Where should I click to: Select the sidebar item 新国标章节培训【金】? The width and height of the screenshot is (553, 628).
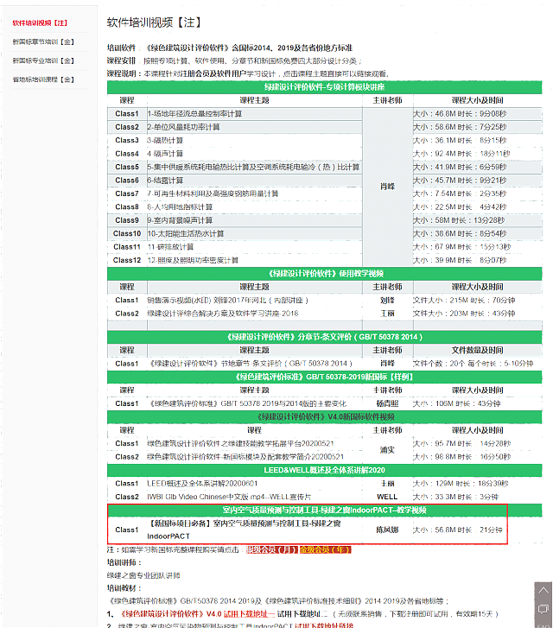pos(43,41)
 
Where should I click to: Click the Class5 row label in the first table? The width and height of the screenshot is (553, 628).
pos(127,167)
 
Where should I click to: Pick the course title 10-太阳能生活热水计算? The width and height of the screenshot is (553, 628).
pos(186,233)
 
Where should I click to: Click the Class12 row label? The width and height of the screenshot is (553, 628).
pos(127,260)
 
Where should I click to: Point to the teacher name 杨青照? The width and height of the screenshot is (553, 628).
pos(387,403)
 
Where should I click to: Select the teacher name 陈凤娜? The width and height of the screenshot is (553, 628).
pos(387,530)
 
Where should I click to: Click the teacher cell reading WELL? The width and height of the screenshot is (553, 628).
pos(387,497)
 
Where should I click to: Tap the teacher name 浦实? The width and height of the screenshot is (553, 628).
pos(387,449)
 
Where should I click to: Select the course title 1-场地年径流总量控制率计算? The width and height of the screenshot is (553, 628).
pos(194,113)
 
